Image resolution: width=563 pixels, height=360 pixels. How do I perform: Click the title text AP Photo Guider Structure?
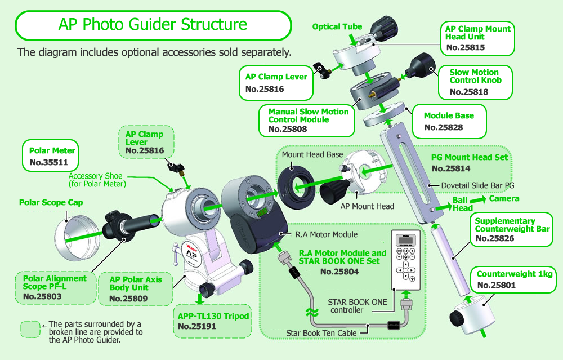(x=153, y=24)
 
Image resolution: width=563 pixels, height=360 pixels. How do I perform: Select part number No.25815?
(x=466, y=47)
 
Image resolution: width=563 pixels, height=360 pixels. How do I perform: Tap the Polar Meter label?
(x=52, y=150)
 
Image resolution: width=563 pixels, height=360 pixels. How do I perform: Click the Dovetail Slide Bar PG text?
(x=477, y=185)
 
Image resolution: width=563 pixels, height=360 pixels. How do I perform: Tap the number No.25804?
(x=339, y=272)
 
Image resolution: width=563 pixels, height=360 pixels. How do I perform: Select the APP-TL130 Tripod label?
(x=213, y=316)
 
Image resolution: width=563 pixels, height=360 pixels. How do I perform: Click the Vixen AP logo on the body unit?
(x=192, y=253)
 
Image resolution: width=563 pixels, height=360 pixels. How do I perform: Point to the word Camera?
(x=504, y=199)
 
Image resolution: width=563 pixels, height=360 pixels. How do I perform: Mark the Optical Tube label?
(x=337, y=26)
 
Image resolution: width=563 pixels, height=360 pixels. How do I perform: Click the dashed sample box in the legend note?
(x=30, y=329)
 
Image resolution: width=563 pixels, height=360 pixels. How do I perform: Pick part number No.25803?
(x=42, y=296)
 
